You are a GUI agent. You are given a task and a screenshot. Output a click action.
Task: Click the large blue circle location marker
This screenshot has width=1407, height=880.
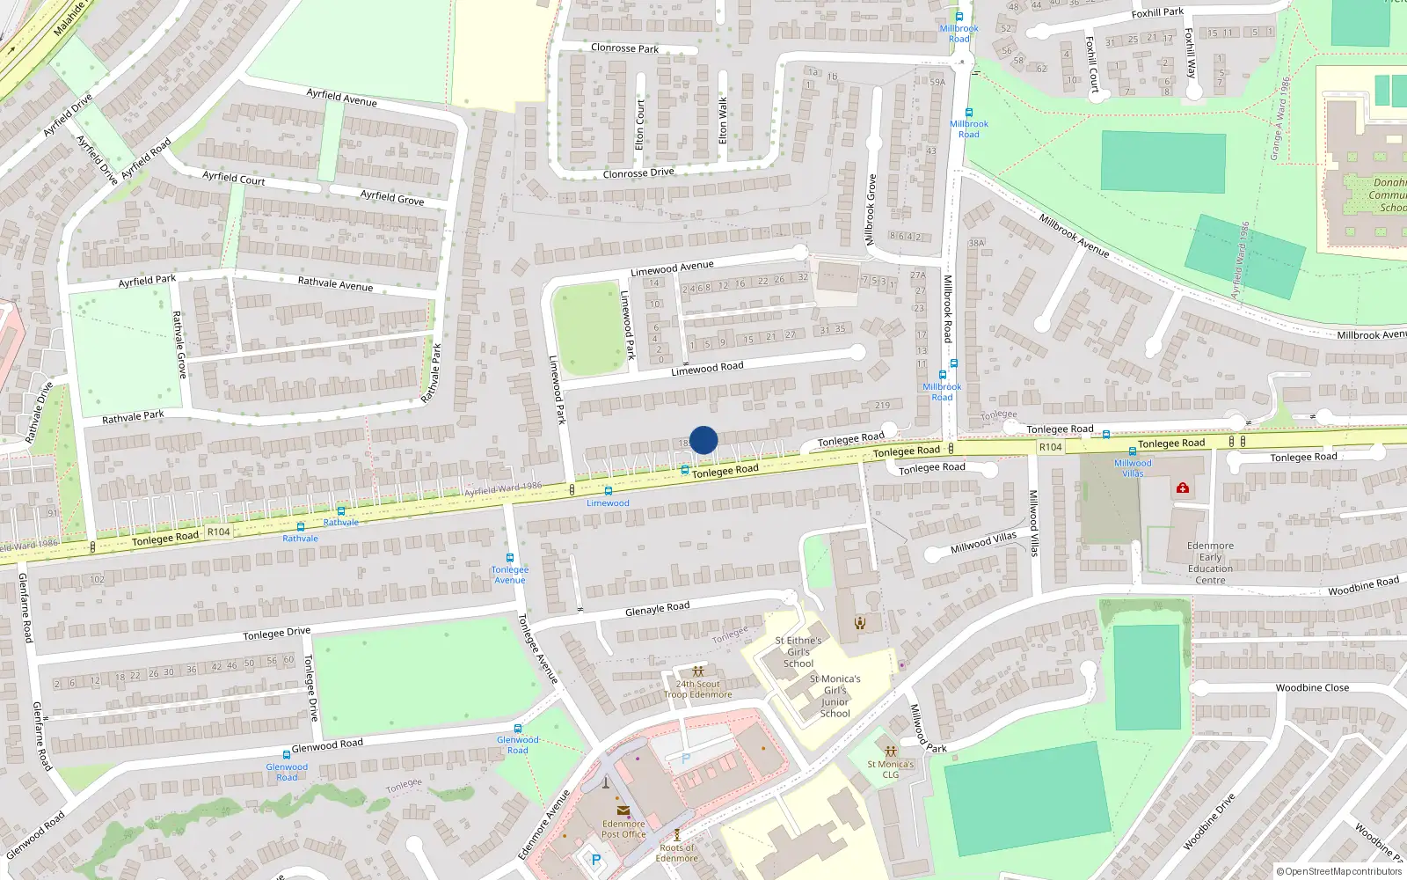703,440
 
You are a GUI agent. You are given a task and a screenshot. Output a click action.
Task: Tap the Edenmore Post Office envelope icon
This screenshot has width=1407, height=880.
623,811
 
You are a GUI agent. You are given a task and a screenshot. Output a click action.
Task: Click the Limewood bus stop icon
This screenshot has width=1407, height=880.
608,491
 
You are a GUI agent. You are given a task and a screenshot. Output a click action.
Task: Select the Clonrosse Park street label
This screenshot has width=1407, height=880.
624,48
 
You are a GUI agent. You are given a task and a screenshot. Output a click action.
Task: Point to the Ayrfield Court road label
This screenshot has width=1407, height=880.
233,178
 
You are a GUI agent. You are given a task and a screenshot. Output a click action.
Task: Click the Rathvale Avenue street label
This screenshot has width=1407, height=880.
335,283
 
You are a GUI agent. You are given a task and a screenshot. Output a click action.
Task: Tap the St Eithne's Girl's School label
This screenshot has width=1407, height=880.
798,652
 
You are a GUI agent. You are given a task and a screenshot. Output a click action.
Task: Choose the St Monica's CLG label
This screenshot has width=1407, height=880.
891,769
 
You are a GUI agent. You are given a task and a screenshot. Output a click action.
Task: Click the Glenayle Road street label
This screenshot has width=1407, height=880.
657,608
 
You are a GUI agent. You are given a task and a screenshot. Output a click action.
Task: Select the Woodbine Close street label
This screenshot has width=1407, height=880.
1312,687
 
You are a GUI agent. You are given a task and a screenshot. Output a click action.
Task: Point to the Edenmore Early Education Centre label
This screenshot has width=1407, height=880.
1210,562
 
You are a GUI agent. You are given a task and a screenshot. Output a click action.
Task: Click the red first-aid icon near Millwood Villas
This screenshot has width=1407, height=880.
1183,488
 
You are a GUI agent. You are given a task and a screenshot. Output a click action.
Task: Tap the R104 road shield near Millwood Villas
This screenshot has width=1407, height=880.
1050,447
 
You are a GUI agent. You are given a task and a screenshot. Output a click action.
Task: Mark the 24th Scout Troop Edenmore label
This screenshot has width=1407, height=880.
697,689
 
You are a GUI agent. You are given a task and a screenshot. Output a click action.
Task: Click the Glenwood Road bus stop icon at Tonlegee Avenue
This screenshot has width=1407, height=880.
518,729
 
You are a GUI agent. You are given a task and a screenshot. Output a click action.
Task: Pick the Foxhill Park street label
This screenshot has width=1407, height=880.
1157,13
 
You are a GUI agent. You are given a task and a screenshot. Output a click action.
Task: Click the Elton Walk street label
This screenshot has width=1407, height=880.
723,121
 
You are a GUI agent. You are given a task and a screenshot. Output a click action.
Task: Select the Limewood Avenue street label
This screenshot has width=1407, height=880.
672,268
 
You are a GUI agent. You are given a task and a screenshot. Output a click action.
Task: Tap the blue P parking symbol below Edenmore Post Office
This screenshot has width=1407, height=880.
595,860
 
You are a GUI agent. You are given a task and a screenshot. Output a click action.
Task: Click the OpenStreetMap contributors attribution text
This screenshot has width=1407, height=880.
1339,871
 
